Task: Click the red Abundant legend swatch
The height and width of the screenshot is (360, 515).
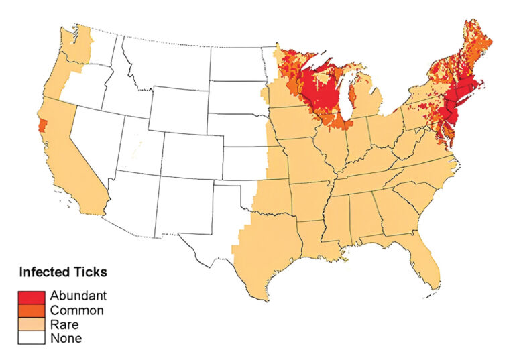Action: [x=33, y=295]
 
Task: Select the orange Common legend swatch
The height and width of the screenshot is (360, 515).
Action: [x=33, y=310]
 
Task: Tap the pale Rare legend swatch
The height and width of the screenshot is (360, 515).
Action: [x=33, y=324]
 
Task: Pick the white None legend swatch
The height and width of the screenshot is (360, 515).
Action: [x=33, y=338]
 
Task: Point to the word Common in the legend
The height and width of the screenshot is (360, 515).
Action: [x=77, y=310]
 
